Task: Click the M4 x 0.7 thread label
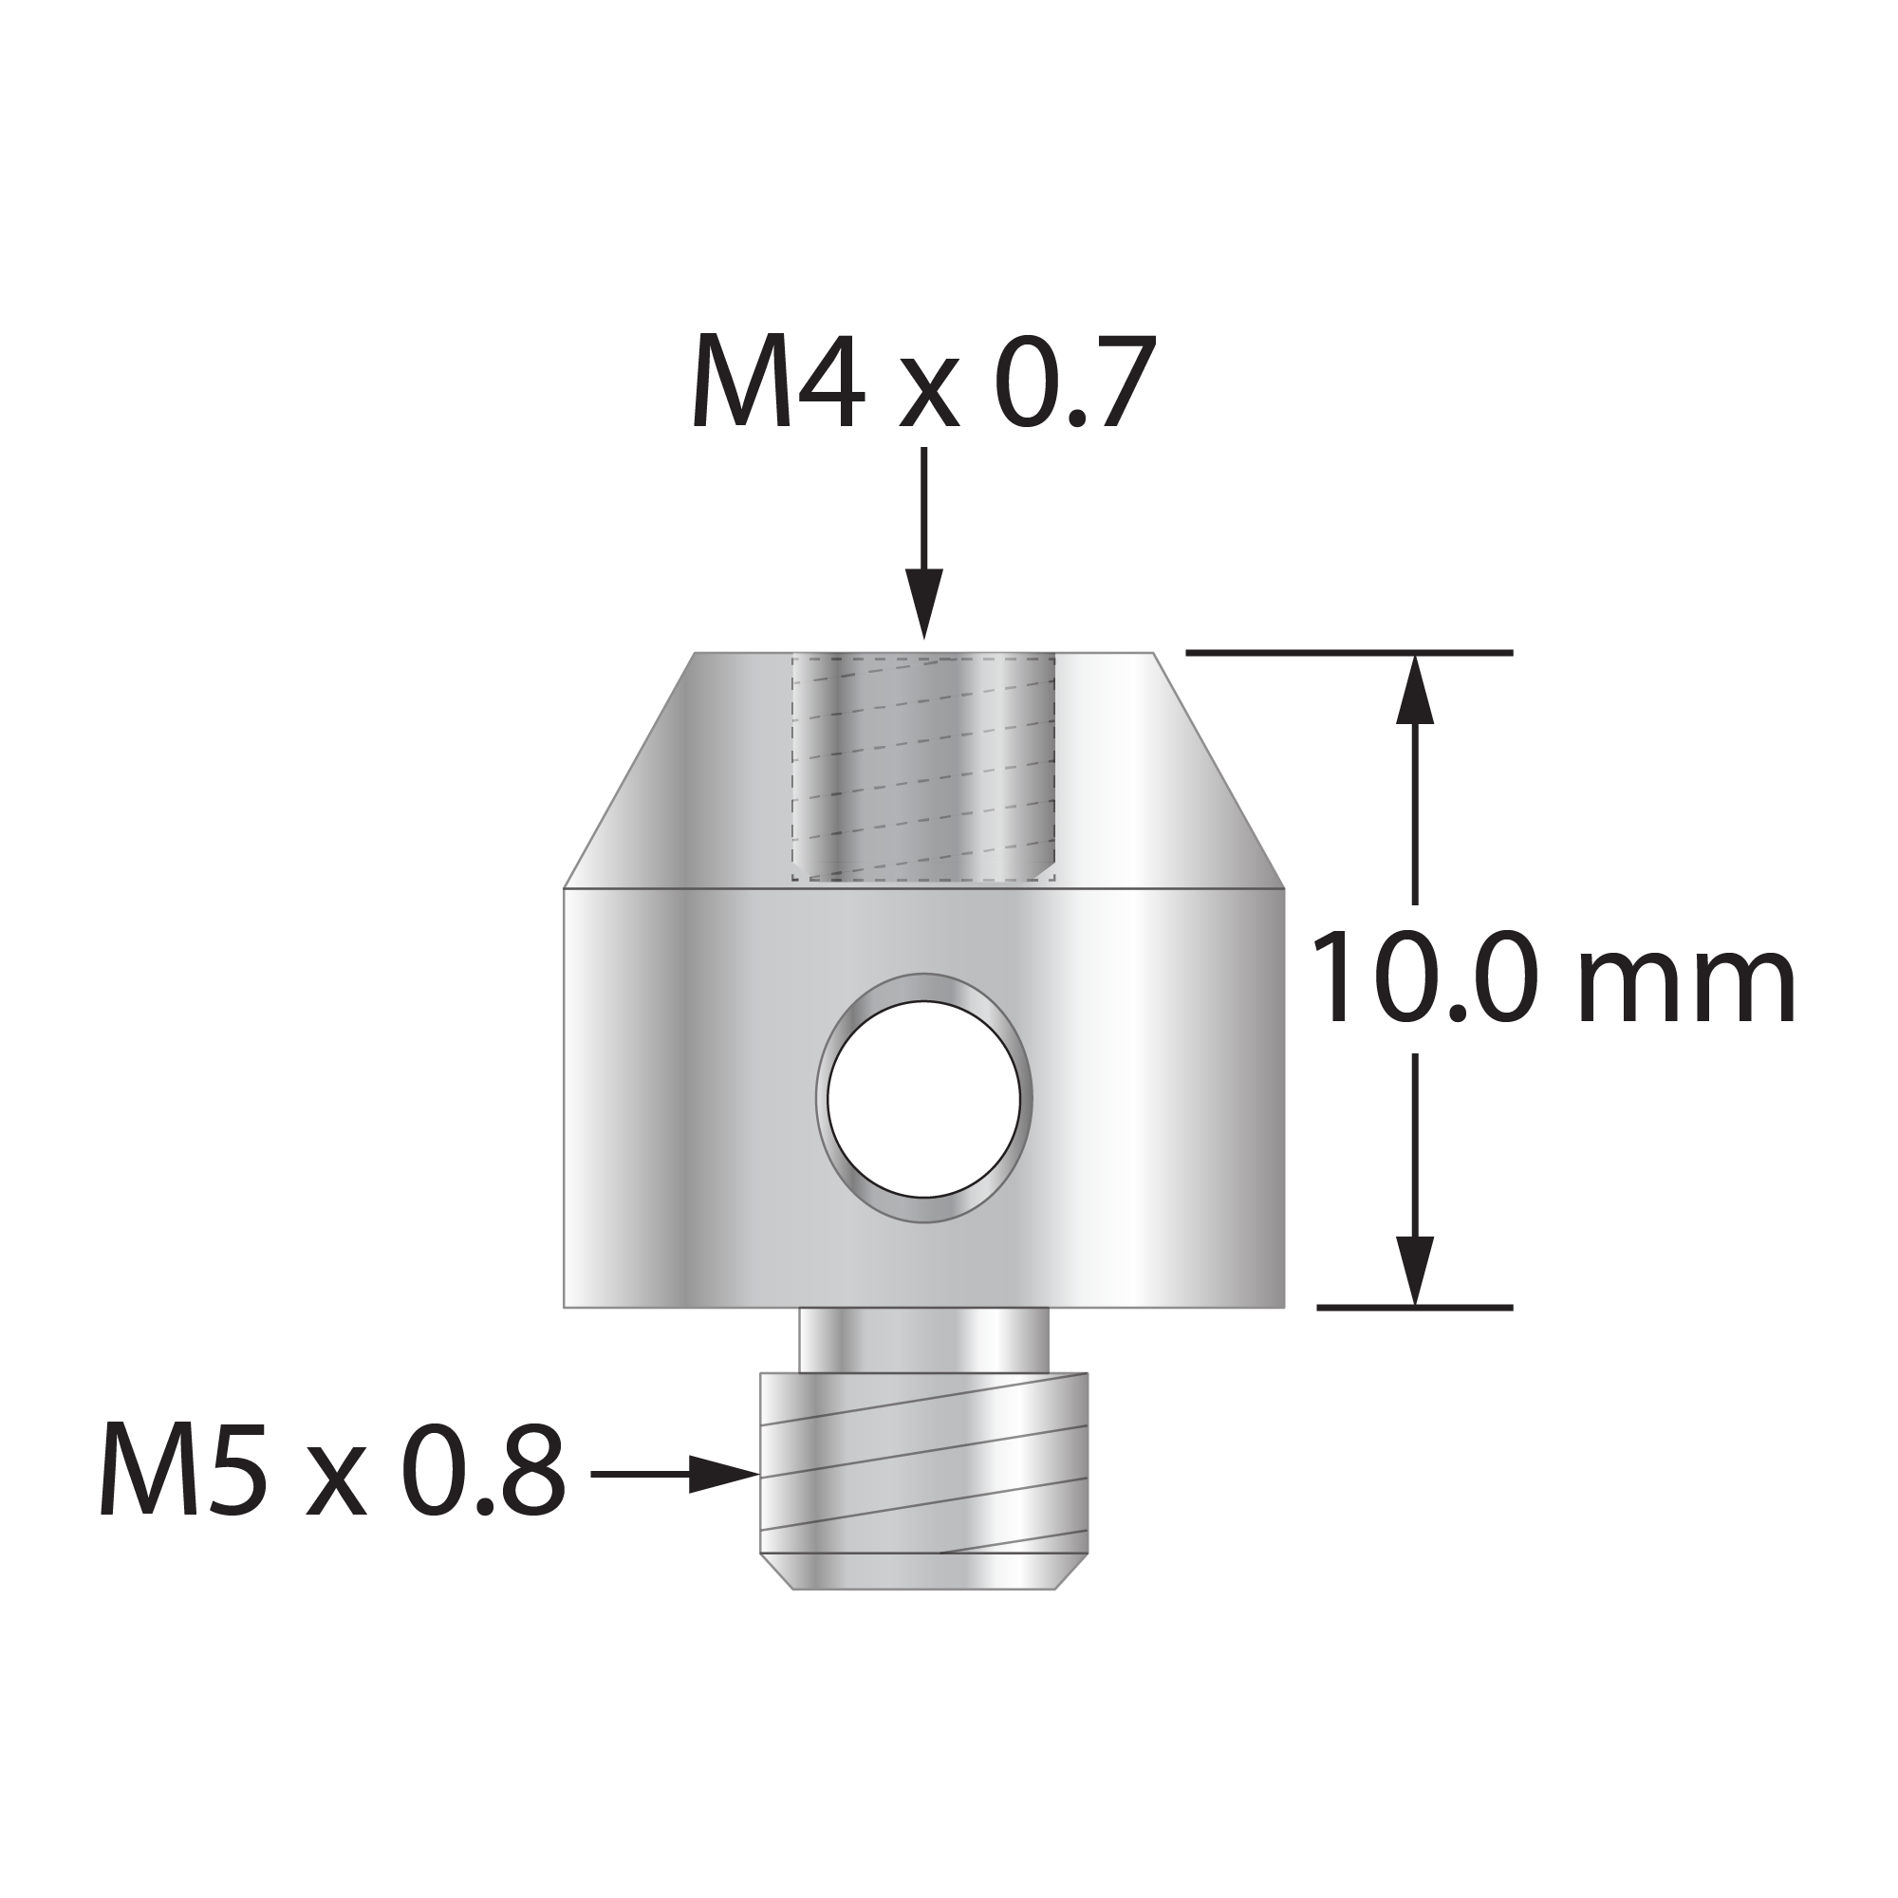coord(923,383)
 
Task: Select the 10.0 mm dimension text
coord(1554,978)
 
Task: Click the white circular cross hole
coord(923,1098)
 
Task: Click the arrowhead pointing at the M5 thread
coord(723,1474)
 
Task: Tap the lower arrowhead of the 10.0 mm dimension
coord(1415,1272)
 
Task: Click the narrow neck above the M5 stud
coord(923,1340)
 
